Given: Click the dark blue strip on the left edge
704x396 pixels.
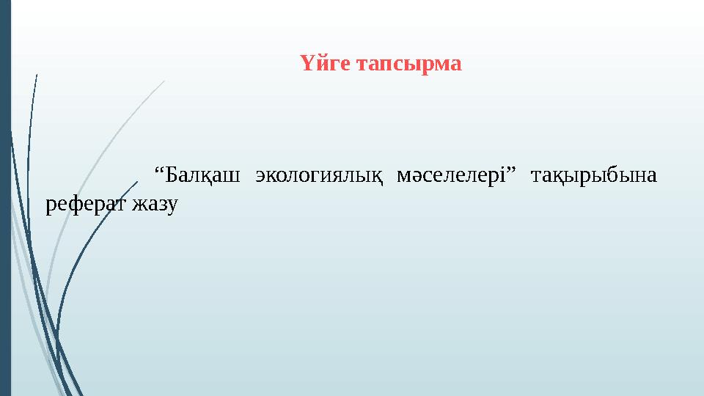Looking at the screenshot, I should click(x=6, y=198).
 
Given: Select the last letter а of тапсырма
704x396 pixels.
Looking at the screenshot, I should click(x=456, y=65).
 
